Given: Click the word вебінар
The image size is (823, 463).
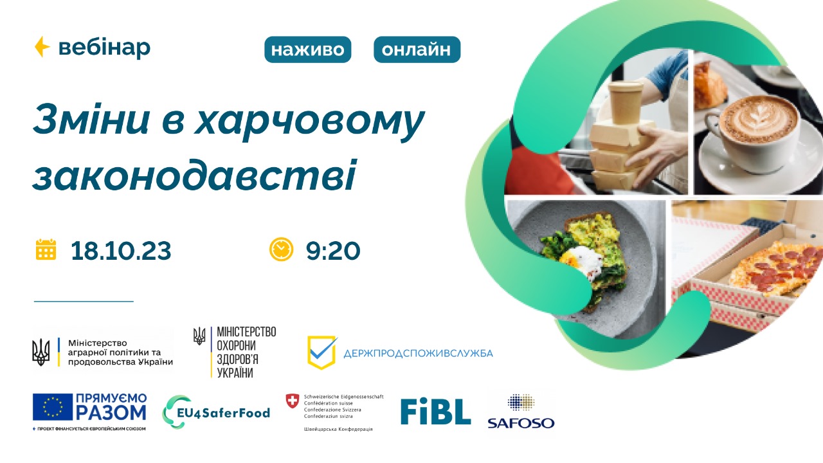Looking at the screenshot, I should click(104, 48).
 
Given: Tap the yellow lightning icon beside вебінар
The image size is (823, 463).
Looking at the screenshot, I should click(42, 47).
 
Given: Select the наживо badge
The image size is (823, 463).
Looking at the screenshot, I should click(307, 50).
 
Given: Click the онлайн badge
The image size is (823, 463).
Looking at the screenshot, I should click(417, 50).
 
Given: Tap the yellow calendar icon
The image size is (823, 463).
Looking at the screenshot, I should click(46, 250).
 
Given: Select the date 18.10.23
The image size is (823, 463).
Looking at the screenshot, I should click(121, 250).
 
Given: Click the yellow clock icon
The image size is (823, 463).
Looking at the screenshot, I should click(282, 250).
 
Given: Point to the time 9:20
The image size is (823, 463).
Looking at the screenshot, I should click(333, 250).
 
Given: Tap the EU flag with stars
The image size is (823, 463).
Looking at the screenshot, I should click(53, 407).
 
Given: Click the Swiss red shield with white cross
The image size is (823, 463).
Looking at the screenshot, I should click(293, 400).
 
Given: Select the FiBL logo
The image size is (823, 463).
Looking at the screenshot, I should click(435, 411).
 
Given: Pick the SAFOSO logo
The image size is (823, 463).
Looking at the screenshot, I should click(520, 412).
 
